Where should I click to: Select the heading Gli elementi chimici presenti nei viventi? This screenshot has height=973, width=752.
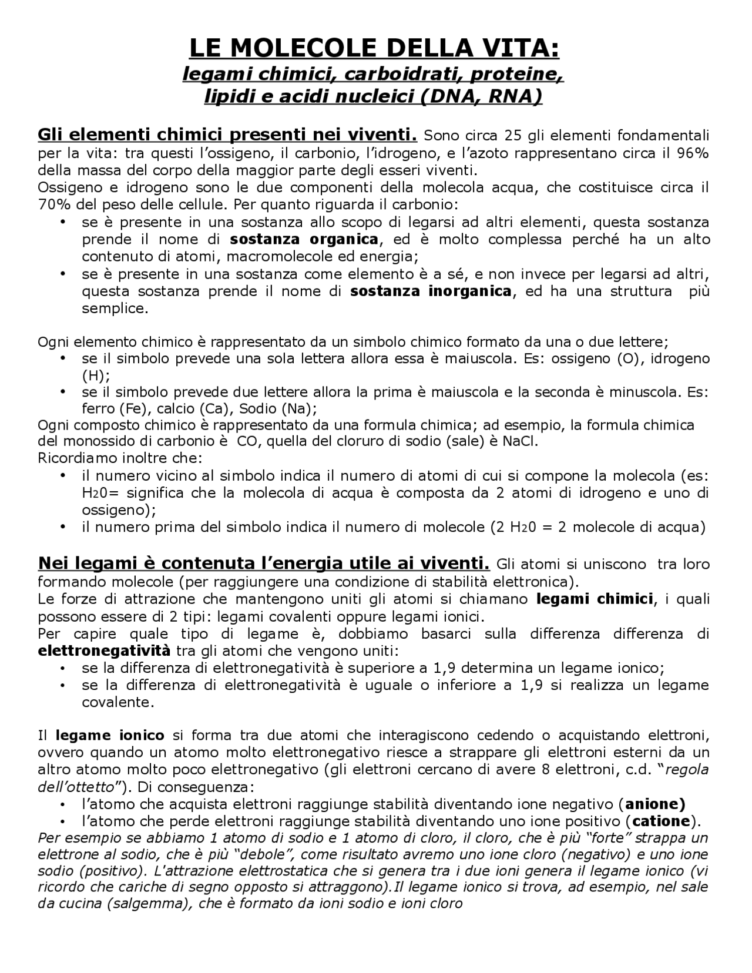tap(227, 135)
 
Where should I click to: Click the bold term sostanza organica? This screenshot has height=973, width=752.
tap(304, 239)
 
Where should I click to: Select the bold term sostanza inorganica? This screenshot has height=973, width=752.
tap(431, 291)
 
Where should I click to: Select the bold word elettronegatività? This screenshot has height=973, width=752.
tap(104, 651)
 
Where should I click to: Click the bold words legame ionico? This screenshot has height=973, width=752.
tap(110, 735)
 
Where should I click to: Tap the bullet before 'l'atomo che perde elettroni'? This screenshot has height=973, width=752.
tap(63, 821)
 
